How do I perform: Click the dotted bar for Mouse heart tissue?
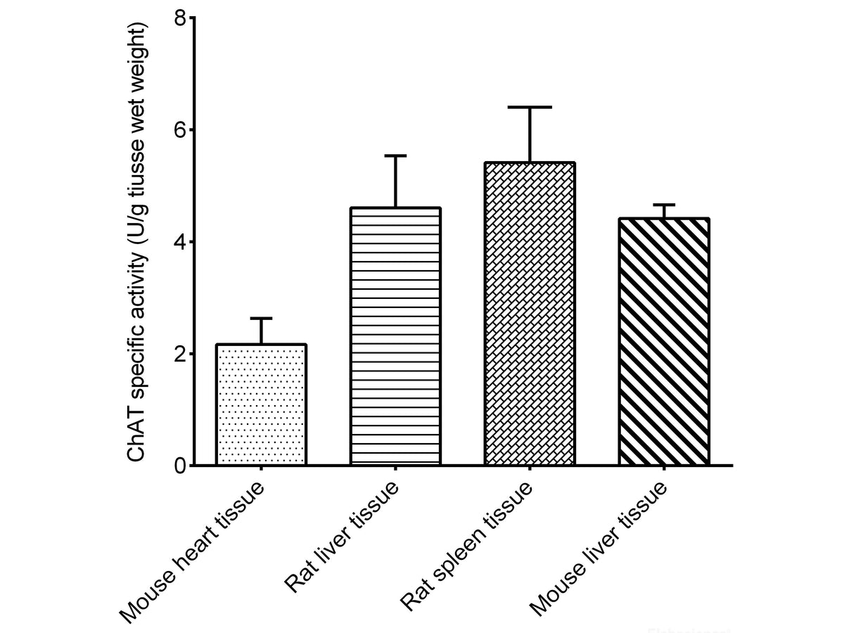[x=261, y=405]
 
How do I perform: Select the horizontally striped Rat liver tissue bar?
[x=396, y=337]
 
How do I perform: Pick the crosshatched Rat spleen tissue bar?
[x=530, y=314]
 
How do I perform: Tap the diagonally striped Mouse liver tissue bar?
[x=664, y=342]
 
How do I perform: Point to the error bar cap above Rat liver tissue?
[x=396, y=155]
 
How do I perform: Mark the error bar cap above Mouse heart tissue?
[x=261, y=319]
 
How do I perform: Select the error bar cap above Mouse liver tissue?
[x=664, y=205]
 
